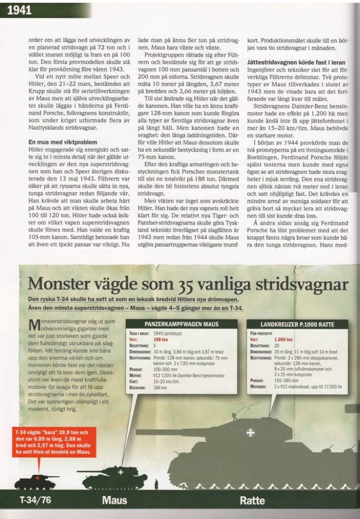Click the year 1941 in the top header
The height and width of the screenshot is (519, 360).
19,10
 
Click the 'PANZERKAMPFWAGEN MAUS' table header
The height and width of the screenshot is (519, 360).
181,324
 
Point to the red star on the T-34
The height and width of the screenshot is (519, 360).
37,476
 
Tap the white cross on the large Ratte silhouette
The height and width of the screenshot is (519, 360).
250,431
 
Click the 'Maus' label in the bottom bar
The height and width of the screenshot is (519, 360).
114,501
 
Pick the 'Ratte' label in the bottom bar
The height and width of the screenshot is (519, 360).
252,501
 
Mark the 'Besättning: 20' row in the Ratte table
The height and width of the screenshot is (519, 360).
270,345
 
